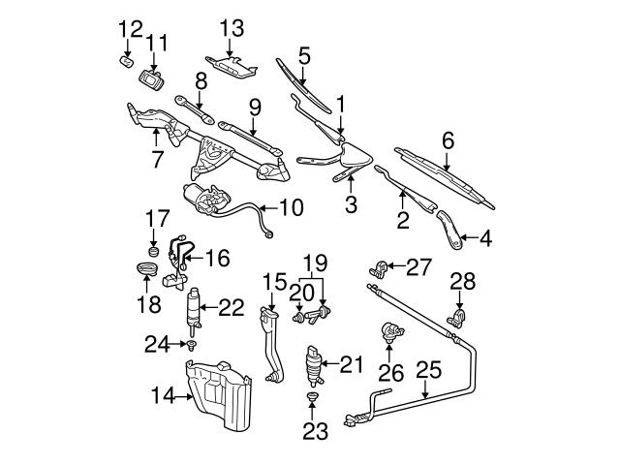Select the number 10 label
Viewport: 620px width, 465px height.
(x=291, y=207)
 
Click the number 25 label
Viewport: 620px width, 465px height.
(x=428, y=369)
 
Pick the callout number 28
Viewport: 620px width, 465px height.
(x=463, y=282)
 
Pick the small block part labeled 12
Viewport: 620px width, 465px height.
(x=124, y=60)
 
